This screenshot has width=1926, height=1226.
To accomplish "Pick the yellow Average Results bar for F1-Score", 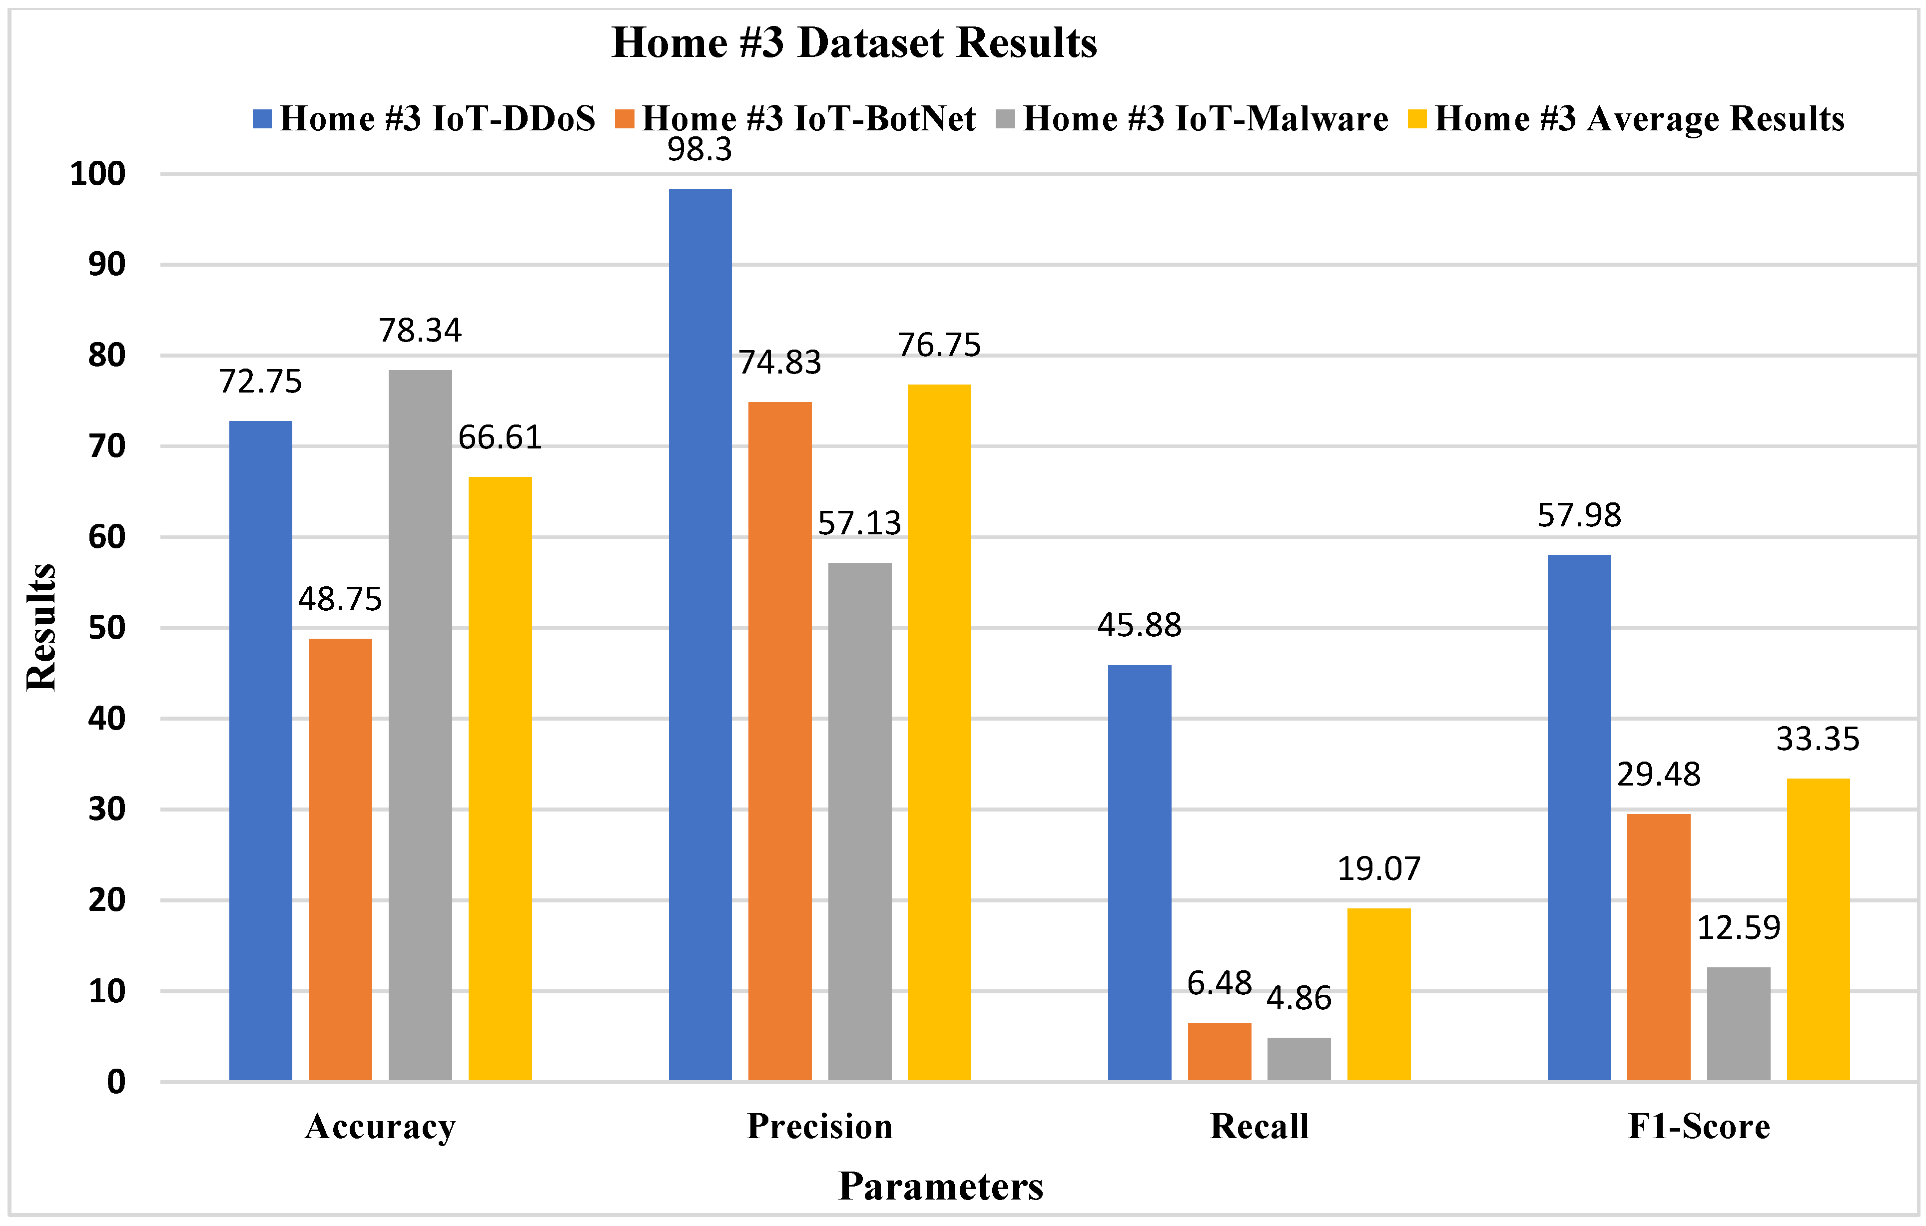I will pos(1818,929).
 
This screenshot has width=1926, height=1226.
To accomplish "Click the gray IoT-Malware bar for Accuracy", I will pos(420,725).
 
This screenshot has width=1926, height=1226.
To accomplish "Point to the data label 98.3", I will pos(700,149).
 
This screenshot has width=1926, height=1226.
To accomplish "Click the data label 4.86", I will pos(1299,998).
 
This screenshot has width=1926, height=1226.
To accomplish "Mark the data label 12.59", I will pos(1738,928).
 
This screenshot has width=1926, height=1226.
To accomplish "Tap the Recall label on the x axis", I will pos(1259,1126).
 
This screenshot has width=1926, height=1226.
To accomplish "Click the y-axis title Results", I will pos(41,628).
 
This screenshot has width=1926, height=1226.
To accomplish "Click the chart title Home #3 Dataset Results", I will pos(854,42).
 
